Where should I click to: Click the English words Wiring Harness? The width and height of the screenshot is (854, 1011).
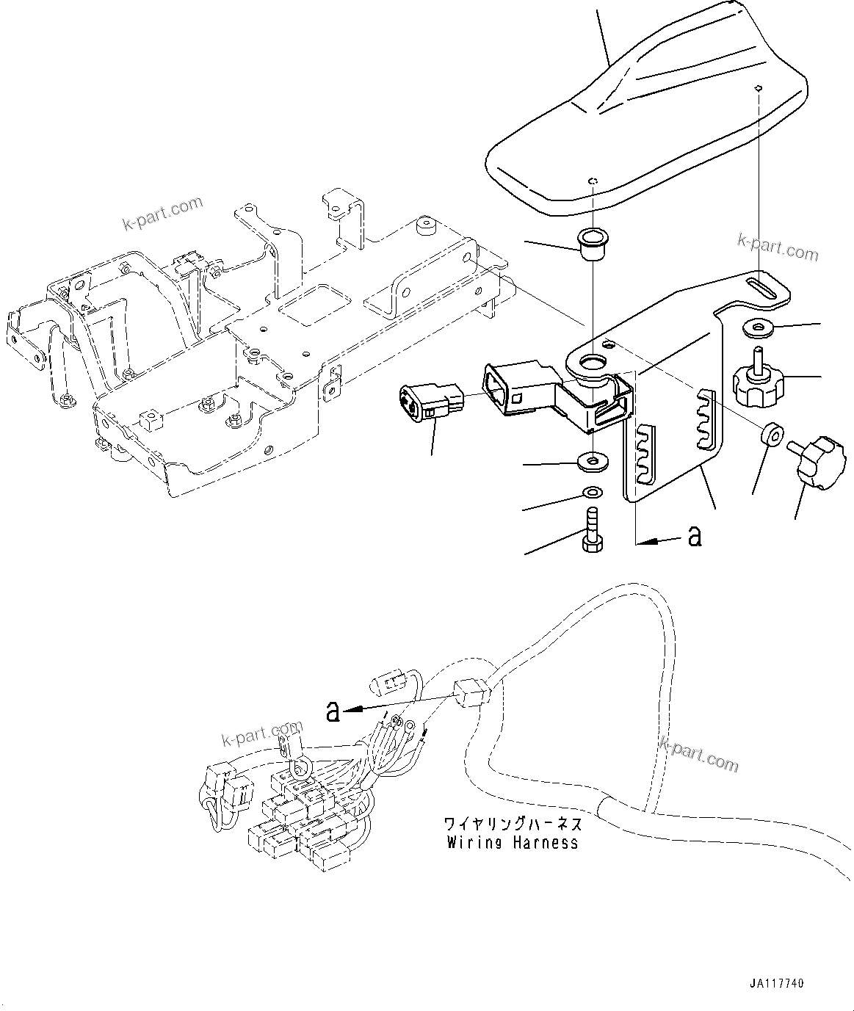point(513,843)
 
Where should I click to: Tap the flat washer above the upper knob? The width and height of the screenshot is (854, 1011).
point(758,327)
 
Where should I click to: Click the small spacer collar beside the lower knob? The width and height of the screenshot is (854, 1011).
point(770,433)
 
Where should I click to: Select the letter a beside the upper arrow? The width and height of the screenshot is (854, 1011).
point(694,537)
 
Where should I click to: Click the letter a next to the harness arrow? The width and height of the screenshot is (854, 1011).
point(333,710)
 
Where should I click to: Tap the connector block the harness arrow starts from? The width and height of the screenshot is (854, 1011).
point(470,692)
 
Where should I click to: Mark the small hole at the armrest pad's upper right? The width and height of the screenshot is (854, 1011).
point(759,89)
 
